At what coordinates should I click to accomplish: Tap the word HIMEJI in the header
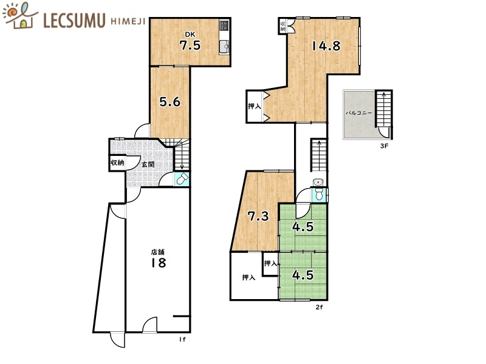coord(128,21)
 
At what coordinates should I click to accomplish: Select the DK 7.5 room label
coord(190,41)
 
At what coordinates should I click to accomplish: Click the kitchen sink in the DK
coord(224,47)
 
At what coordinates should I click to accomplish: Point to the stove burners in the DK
coord(224,25)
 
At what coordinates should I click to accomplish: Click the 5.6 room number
coord(170,101)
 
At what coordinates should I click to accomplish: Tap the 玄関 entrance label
coord(148,164)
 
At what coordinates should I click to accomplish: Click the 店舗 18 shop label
coord(159,258)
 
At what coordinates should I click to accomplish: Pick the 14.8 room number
coord(326,46)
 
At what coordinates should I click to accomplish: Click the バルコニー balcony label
coord(359,113)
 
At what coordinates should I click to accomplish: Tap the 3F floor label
coord(384,146)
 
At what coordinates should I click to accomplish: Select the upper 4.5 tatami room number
coord(303,227)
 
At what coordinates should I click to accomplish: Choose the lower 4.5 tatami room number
coord(303,275)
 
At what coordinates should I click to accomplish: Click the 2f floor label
coord(320,308)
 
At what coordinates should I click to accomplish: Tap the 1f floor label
coord(182,340)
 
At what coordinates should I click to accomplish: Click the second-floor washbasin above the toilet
coord(317,182)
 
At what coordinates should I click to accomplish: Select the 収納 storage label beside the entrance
coord(117,162)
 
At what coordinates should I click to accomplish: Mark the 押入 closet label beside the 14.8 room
coord(255,106)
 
